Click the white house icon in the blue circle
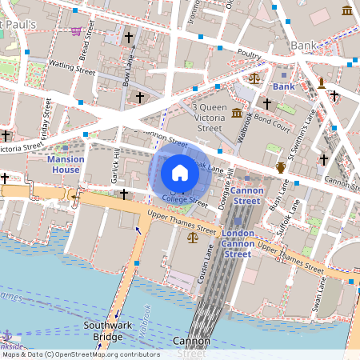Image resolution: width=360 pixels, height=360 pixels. (x=180, y=172)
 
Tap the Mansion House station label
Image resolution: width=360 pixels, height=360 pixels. (x=65, y=165)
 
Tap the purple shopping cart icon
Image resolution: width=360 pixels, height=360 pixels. (x=76, y=31)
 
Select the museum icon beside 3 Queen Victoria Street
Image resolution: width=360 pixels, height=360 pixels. (x=237, y=114)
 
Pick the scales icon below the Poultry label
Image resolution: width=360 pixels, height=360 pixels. (x=254, y=79)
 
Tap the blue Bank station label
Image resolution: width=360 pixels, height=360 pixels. (x=284, y=86)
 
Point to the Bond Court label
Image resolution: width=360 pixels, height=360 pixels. (x=273, y=126)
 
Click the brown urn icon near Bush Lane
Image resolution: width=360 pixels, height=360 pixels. (x=281, y=167)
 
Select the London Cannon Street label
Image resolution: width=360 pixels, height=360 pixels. (x=237, y=243)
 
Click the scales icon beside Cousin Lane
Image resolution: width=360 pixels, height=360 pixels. (x=192, y=238)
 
